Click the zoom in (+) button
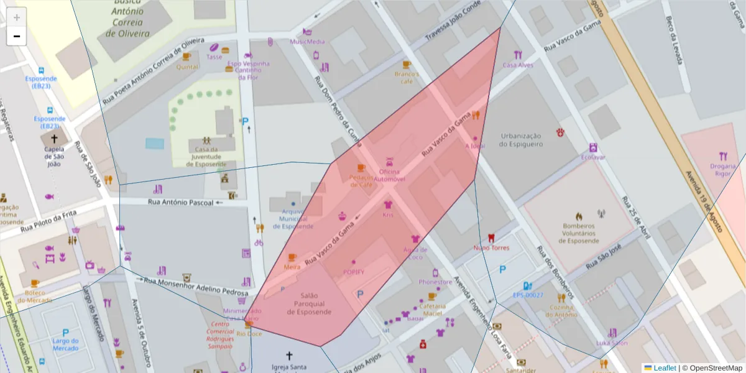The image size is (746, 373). click(x=17, y=17)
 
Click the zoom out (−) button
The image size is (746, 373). click(x=17, y=36)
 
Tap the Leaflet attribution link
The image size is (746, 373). click(x=665, y=368)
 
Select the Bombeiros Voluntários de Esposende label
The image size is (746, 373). click(x=580, y=233)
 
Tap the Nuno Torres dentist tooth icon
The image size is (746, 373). click(x=491, y=237)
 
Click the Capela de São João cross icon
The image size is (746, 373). click(x=54, y=139)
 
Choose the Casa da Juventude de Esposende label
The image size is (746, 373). click(x=206, y=157)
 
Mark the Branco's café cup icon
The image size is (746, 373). click(x=407, y=65)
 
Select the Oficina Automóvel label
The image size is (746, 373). click(x=389, y=175)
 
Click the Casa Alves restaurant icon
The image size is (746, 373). click(x=518, y=55)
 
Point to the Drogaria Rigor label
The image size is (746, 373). click(x=722, y=170)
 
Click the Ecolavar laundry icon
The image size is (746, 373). click(x=593, y=148)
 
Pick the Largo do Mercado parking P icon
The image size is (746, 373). click(x=65, y=333)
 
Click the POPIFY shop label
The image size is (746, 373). click(x=353, y=272)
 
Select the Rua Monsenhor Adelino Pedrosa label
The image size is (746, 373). click(x=196, y=287)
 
